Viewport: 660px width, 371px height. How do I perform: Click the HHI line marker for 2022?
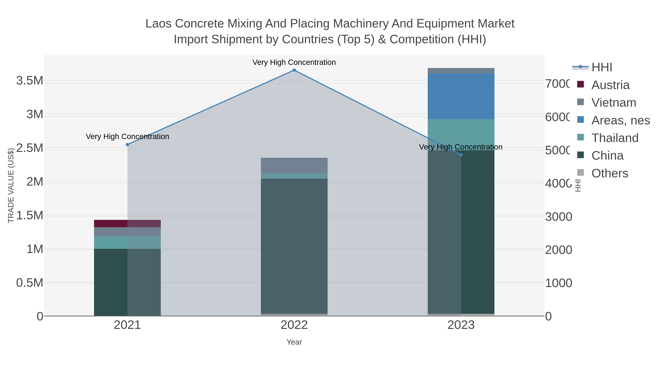tap(294, 70)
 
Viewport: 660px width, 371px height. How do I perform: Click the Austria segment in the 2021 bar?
tap(127, 224)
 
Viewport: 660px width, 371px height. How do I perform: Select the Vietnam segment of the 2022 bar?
tap(294, 165)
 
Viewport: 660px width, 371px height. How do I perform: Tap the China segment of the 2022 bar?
tap(294, 246)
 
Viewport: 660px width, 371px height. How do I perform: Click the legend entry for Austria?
tap(610, 85)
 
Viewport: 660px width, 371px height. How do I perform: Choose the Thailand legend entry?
tap(615, 138)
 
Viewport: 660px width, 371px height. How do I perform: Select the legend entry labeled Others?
tap(610, 173)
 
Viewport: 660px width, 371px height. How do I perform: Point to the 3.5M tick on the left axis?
tap(30, 81)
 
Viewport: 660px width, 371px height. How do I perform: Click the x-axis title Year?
tap(294, 342)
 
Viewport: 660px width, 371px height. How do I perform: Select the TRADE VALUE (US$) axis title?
tap(11, 185)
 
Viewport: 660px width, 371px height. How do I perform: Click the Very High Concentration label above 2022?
tap(294, 62)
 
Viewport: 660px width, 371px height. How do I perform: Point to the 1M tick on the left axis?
tap(35, 249)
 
